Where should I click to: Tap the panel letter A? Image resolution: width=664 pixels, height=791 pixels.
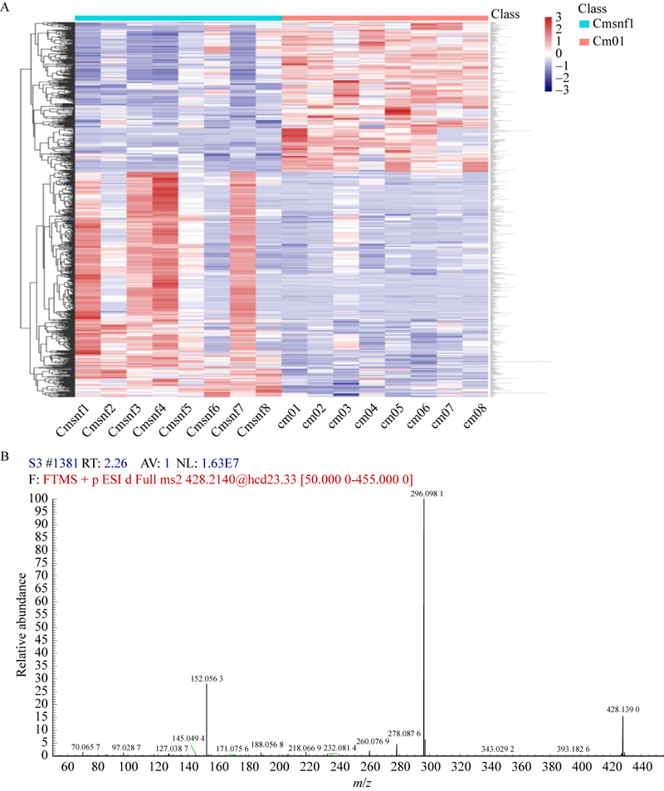pos(6,7)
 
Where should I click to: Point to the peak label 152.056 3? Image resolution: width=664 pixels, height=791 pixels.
pos(207,678)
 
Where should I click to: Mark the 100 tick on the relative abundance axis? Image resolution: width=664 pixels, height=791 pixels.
pos(40,499)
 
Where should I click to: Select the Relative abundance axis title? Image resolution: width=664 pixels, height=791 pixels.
pos(24,628)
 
